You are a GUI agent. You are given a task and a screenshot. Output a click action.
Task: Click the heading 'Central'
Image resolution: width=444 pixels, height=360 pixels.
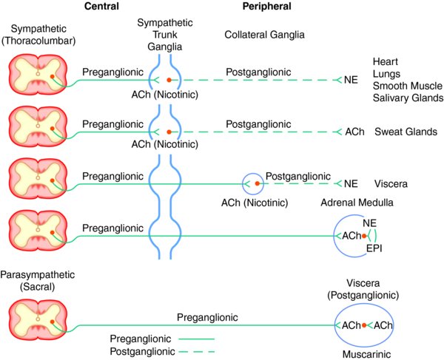click(x=101, y=6)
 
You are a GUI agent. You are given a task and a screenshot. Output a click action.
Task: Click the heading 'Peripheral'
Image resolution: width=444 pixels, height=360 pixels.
click(x=266, y=6)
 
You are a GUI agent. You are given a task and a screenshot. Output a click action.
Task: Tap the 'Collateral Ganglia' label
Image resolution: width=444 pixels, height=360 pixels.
click(x=264, y=35)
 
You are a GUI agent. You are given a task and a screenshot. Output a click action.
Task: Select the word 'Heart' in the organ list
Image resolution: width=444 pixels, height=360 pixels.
click(x=385, y=61)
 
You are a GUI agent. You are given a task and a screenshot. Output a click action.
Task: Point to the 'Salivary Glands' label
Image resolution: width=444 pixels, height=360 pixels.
click(x=408, y=98)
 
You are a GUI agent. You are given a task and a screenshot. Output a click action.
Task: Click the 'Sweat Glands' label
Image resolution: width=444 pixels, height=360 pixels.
click(x=406, y=132)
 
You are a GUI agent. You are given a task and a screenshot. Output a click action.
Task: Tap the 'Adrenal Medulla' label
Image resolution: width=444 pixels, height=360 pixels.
click(x=357, y=203)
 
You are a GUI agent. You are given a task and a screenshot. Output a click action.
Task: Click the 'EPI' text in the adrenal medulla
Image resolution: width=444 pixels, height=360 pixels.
click(x=374, y=248)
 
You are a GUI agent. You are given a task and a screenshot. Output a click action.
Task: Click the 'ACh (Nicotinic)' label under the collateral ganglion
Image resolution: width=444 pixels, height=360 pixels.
click(x=255, y=203)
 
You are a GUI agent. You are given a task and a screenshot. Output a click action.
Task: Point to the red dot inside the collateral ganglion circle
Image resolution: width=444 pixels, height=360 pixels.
click(x=257, y=183)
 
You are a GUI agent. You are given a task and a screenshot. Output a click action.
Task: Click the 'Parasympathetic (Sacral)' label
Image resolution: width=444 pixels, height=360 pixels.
click(x=38, y=281)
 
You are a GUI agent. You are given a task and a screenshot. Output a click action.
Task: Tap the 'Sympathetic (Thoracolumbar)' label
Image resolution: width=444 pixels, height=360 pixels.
click(x=38, y=35)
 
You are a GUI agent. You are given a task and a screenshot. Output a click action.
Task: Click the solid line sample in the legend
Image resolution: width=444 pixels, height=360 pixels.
click(x=197, y=339)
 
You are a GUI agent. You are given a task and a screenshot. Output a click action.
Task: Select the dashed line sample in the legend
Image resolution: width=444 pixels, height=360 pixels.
click(x=197, y=352)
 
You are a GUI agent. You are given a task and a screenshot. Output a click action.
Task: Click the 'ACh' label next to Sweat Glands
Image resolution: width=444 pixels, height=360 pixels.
click(x=354, y=132)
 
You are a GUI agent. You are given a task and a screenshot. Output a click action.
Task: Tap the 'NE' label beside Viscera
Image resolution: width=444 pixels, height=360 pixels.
click(x=351, y=184)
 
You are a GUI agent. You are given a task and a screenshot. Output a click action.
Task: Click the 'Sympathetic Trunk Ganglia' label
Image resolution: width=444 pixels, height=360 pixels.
click(x=165, y=35)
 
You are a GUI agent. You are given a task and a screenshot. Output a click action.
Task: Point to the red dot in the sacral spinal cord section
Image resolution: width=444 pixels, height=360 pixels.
click(x=52, y=322)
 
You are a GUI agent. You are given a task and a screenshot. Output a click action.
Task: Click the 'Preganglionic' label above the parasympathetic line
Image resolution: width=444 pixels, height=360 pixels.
click(x=207, y=317)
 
